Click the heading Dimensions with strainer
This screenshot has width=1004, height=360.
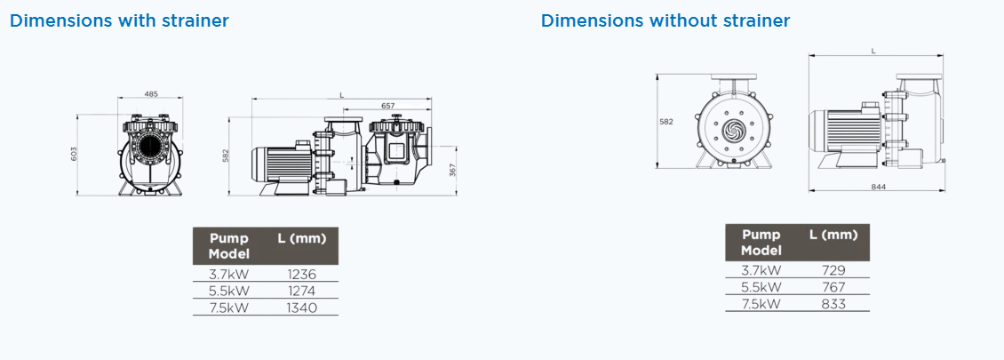click(119, 20)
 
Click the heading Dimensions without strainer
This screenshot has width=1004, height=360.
click(665, 20)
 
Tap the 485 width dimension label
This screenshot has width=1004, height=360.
click(150, 94)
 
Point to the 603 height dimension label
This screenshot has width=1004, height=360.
click(74, 155)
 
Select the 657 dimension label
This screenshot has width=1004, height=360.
click(388, 106)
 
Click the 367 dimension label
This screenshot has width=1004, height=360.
click(453, 171)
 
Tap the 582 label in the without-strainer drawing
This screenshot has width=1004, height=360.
click(665, 121)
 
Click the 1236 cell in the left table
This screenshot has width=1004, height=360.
click(302, 274)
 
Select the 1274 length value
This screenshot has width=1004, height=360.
click(302, 291)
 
